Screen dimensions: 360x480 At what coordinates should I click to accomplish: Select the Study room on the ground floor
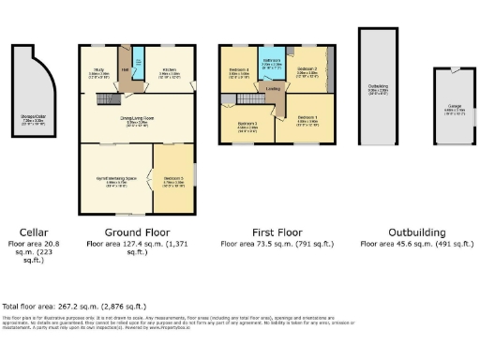click(97, 71)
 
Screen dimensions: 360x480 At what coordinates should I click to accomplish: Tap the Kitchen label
click(169, 71)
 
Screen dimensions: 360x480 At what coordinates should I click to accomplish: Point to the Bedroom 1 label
click(307, 118)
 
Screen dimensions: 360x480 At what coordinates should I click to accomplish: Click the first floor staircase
click(249, 97)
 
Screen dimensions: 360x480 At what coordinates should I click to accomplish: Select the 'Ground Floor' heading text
click(137, 232)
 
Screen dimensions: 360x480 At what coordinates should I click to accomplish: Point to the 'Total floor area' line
click(74, 307)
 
